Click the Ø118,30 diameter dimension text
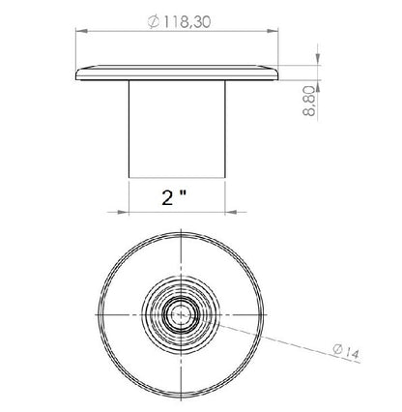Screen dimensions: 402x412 pos(179,22)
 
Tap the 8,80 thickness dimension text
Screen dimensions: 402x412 pos(309,101)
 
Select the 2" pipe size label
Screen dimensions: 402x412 pos(174,197)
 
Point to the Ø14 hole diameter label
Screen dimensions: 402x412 pos(346,351)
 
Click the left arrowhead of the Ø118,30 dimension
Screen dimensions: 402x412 pos(82,31)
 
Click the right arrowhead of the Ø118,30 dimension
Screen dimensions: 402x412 pos(273,31)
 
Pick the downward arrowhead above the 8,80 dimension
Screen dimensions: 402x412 pos(318,59)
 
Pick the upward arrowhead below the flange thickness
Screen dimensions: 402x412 pos(318,86)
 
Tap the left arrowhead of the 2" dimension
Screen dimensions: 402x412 pos(123,212)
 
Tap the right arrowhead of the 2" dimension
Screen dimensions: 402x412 pos(231,212)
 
